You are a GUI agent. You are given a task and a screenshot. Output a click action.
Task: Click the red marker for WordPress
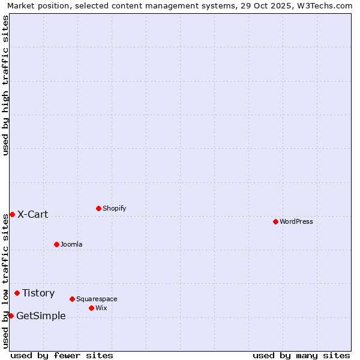pos(275,221)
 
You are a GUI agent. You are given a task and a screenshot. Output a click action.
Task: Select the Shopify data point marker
pos(98,208)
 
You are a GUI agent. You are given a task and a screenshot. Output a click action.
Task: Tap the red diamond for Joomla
pos(56,244)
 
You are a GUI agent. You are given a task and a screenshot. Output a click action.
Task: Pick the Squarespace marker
pos(72,299)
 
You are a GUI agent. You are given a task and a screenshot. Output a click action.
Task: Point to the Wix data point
pos(91,308)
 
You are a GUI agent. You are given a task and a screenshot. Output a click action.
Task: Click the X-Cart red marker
pos(12,214)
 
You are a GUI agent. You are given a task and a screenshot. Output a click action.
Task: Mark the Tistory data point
pos(17,293)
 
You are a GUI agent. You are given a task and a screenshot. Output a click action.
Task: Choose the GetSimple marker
pos(11,316)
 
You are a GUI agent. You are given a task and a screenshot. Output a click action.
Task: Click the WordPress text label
pos(296,221)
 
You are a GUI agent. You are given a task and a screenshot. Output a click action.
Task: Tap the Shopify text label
pos(115,208)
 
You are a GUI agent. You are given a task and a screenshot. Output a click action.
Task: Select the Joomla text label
pos(71,244)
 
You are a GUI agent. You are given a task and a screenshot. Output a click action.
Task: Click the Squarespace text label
pos(97,299)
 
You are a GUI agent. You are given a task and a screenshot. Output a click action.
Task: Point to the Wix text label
pos(101,308)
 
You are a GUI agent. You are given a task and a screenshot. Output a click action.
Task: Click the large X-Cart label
pos(33,214)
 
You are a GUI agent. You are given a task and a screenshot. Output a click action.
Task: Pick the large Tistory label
pos(38,293)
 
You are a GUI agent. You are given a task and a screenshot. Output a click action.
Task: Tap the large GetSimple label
pos(41,316)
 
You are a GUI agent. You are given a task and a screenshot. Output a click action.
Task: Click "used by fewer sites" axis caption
pos(62,355)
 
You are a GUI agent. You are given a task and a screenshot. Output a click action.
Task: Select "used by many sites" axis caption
pos(301,355)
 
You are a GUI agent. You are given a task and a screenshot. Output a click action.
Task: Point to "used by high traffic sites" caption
pos(5,85)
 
